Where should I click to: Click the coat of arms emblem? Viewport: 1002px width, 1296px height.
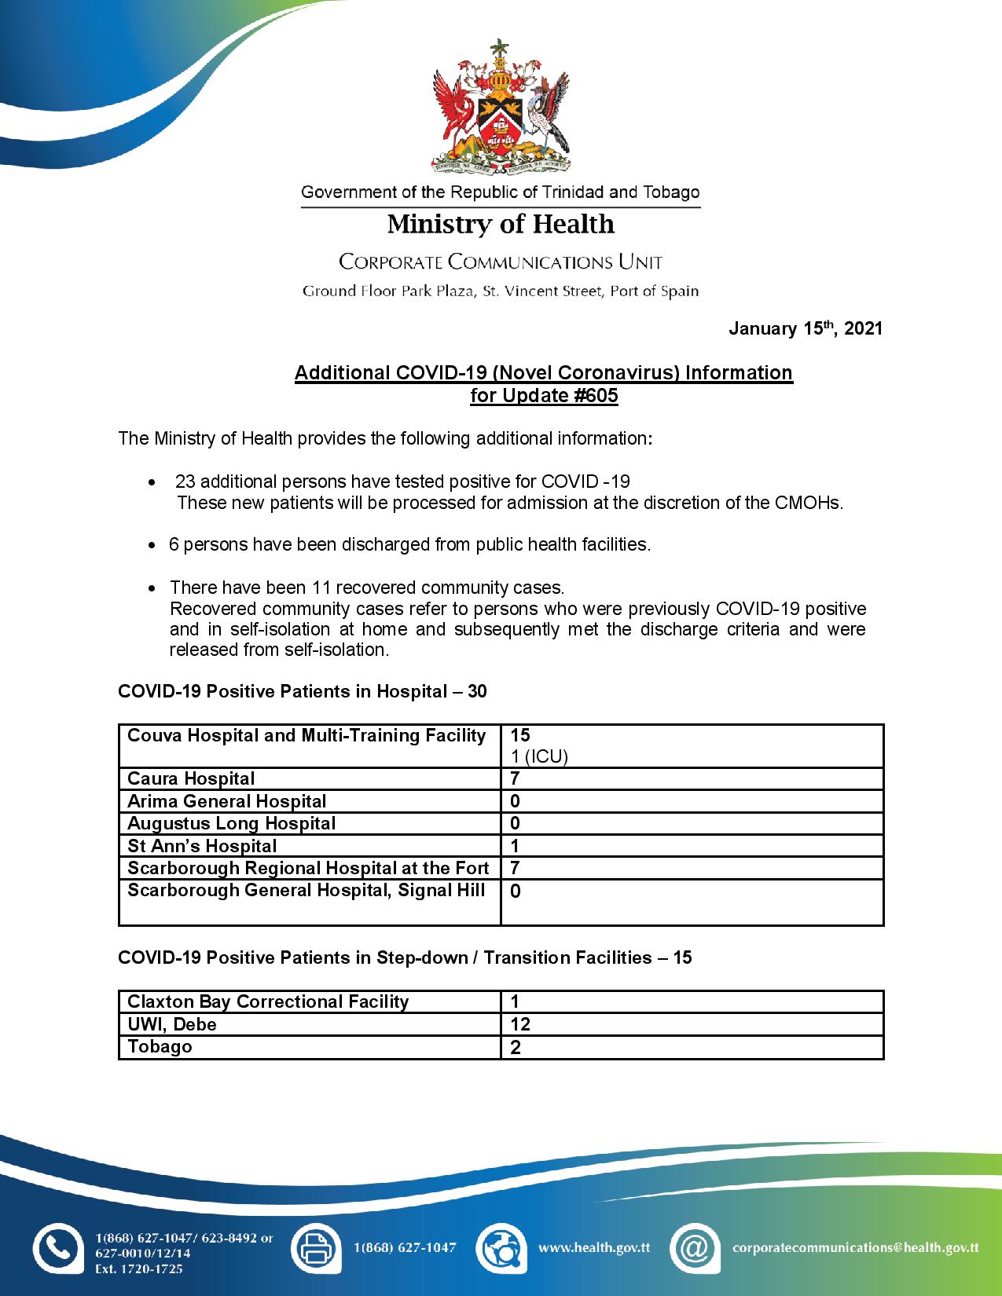click(x=501, y=107)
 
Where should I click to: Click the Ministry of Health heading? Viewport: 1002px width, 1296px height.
click(x=501, y=225)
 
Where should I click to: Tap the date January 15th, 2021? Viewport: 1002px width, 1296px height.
click(x=805, y=328)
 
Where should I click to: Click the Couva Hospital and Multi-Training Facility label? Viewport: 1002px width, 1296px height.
click(x=306, y=736)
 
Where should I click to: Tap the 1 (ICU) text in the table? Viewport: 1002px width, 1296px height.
click(x=539, y=756)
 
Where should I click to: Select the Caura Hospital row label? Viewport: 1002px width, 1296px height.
click(x=191, y=779)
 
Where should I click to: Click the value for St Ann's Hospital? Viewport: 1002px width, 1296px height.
click(x=516, y=847)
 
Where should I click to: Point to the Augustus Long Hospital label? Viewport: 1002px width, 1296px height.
click(x=231, y=824)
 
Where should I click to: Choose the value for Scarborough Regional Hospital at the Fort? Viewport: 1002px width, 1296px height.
click(x=516, y=869)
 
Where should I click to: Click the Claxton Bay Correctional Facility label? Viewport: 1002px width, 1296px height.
click(x=268, y=1002)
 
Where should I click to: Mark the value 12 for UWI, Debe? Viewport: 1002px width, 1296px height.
click(x=520, y=1025)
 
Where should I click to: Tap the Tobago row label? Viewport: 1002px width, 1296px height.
click(x=160, y=1047)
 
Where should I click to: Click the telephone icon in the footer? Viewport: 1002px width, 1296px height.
click(x=57, y=1247)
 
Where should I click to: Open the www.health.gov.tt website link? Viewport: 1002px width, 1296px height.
click(x=594, y=1247)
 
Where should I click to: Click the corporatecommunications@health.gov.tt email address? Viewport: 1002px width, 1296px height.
click(x=855, y=1247)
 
